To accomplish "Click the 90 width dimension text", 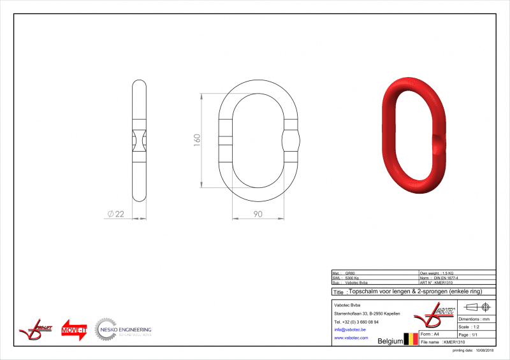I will [x=258, y=214].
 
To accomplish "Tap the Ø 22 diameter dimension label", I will [x=115, y=215].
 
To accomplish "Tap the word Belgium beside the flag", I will [x=391, y=341].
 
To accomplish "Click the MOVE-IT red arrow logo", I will [x=74, y=329].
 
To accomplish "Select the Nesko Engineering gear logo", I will [x=105, y=329].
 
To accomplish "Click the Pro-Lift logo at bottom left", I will [x=36, y=329].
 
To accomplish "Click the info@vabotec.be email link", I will [x=349, y=329].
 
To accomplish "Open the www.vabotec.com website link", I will [x=351, y=338].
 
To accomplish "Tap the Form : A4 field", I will [x=431, y=334].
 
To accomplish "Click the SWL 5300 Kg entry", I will [x=351, y=277].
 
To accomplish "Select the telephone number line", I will [x=356, y=322].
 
